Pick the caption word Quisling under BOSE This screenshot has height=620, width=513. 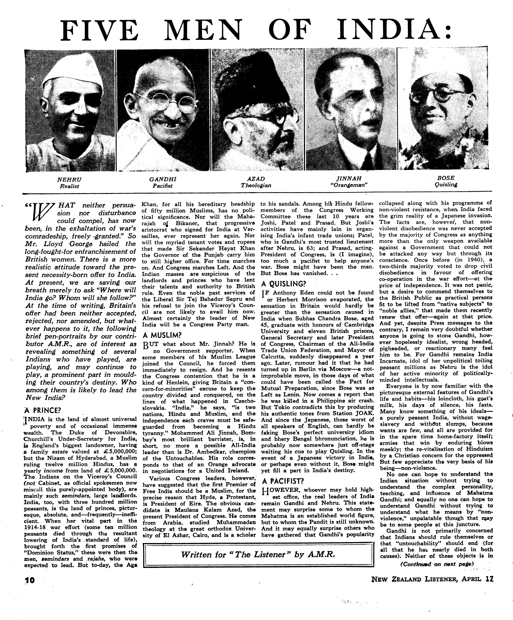click(446, 185)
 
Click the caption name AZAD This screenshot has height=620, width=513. click(256, 179)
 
